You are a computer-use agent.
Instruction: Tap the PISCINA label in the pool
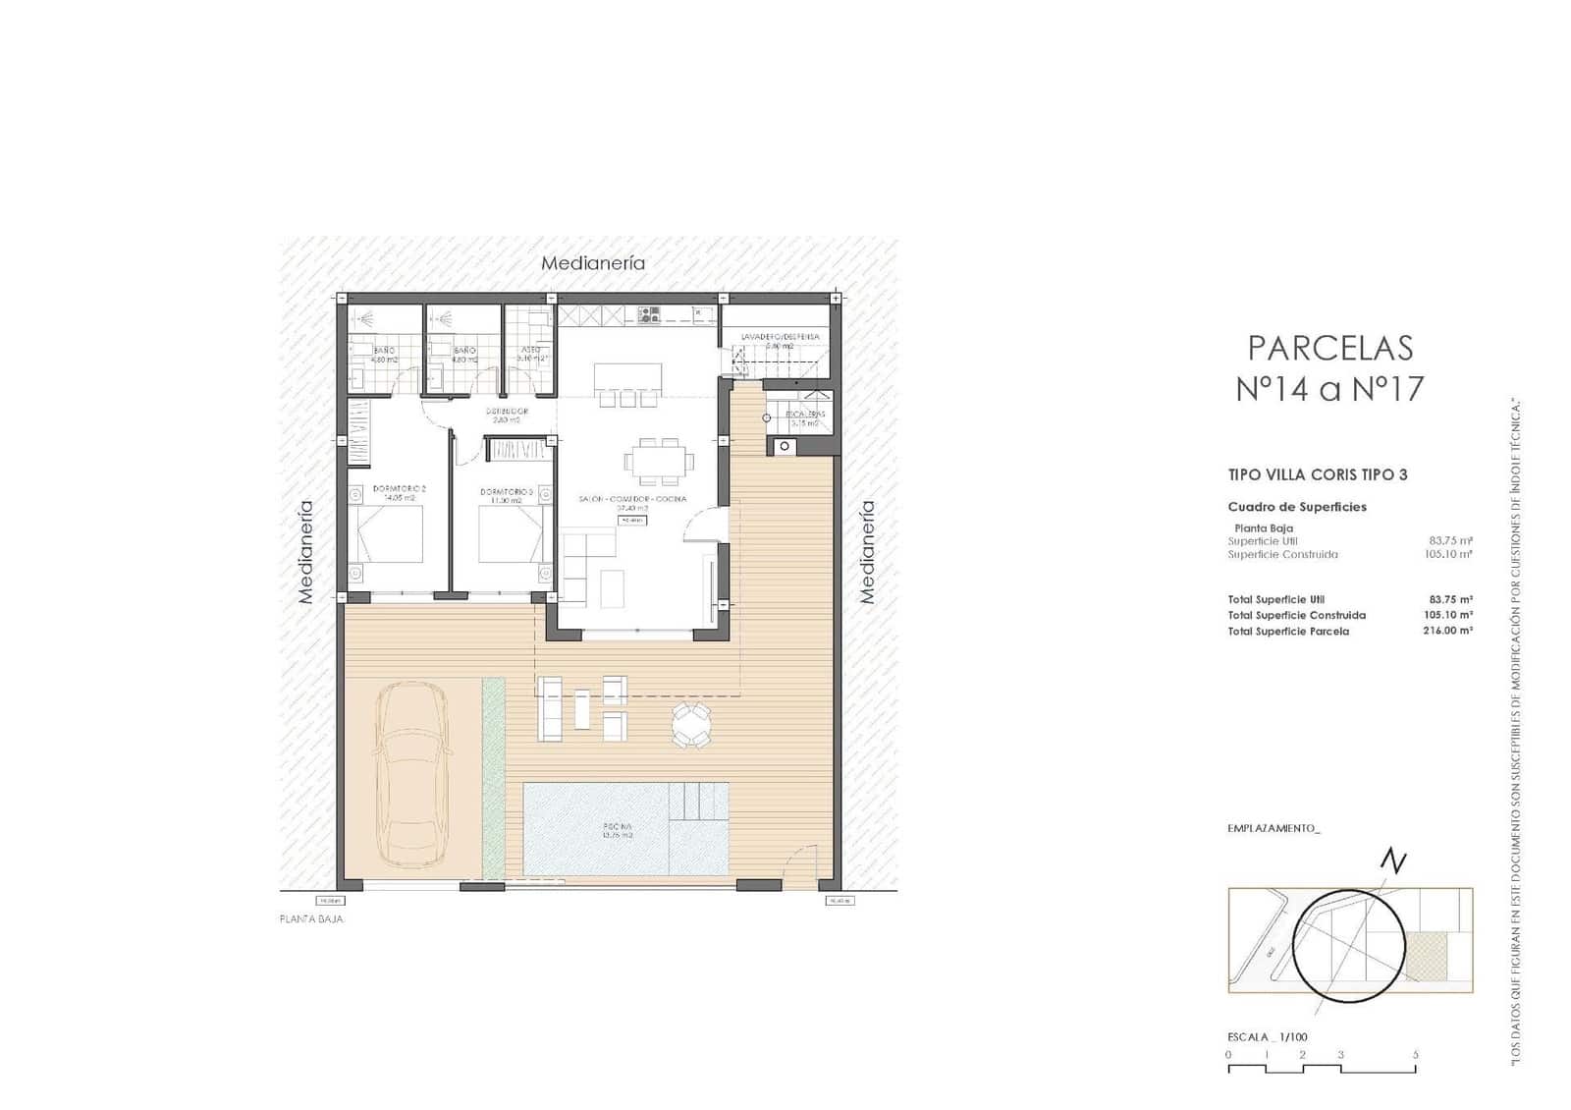pos(619,830)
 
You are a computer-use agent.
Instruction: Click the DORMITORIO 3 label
pos(507,492)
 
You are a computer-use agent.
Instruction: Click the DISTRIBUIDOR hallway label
pos(507,412)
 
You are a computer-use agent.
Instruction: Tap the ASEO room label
pos(530,350)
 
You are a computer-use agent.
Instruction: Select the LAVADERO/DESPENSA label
pos(780,337)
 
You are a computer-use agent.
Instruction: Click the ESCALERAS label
pos(805,415)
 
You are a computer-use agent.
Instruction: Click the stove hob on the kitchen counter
pos(649,314)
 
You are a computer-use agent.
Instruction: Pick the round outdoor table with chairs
pos(692,726)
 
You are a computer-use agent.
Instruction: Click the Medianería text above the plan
pos(593,263)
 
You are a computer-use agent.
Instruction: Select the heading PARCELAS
pos(1329,348)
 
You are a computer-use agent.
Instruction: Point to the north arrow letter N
pos(1393,862)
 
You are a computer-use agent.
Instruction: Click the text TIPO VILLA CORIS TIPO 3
pos(1318,474)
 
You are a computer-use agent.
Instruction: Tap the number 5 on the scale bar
pos(1415,1055)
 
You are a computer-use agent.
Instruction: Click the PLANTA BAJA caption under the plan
pos(312,919)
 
